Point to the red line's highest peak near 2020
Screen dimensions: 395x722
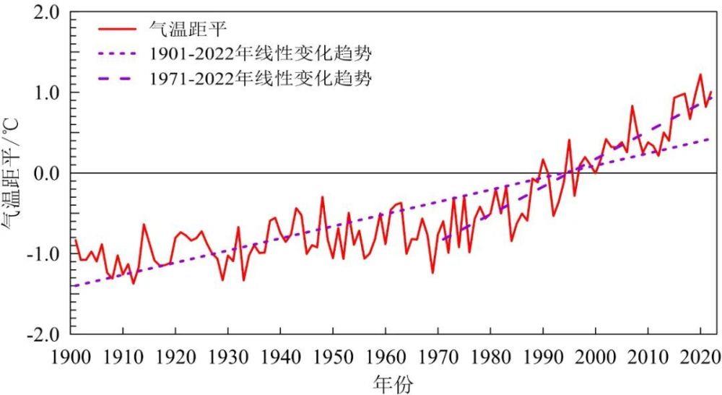tap(700, 74)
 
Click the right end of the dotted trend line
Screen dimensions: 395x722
tap(710, 139)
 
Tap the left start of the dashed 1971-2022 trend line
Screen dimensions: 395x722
tap(443, 240)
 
